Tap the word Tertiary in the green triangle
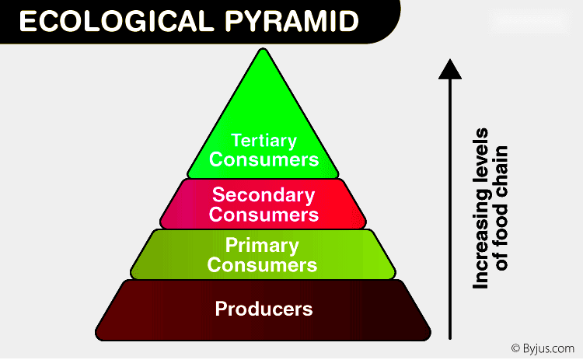coord(264,142)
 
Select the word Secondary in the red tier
coord(264,195)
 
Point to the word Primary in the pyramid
coord(262,246)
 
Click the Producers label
coord(264,309)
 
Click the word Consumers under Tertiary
coord(264,159)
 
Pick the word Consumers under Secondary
coord(264,213)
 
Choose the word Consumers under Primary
coord(263,265)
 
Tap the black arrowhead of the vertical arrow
coord(450,69)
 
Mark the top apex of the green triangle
coord(264,51)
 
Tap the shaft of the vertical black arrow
coord(450,210)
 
